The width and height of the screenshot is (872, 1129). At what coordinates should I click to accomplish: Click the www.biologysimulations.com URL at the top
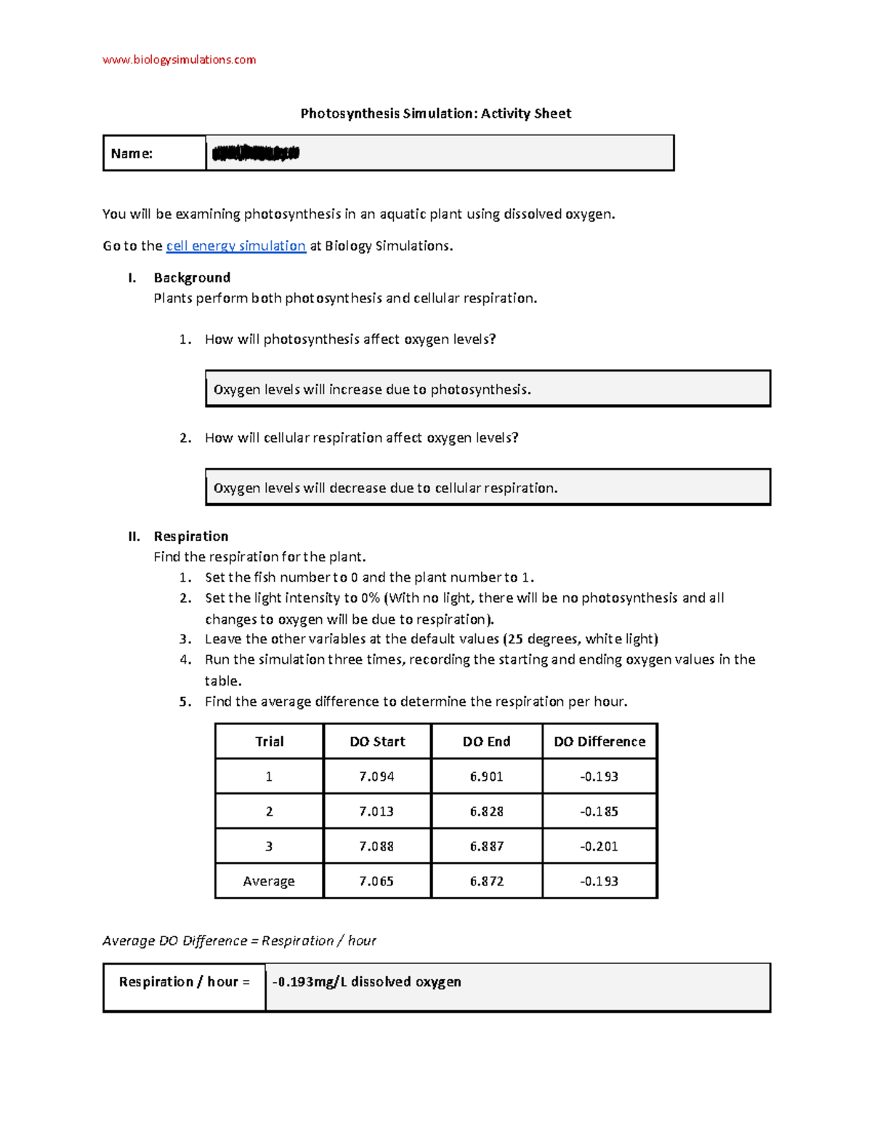click(179, 60)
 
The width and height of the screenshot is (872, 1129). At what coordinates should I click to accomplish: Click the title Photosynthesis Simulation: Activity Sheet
click(436, 113)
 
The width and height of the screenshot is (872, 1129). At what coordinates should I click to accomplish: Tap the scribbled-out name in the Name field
click(255, 153)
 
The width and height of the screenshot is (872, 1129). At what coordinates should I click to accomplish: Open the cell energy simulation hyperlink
click(235, 246)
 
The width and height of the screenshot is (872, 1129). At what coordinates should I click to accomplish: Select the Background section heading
click(192, 278)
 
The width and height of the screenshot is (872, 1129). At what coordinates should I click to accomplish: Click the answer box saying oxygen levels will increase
click(487, 389)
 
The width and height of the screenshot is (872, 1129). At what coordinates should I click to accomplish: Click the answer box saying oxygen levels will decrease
click(487, 488)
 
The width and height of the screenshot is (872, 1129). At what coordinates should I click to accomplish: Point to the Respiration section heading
click(190, 537)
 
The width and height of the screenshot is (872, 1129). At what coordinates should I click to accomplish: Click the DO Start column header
click(377, 742)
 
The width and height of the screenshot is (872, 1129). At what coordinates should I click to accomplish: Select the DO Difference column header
click(599, 742)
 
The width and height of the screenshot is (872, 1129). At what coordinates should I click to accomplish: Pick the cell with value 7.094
click(376, 776)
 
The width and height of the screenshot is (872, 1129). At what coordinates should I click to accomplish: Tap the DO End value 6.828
click(486, 811)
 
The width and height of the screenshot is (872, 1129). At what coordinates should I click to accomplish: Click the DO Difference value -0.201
click(599, 846)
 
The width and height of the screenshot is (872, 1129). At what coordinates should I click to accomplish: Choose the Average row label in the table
click(269, 881)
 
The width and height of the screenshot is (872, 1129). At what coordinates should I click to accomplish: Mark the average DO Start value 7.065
click(376, 881)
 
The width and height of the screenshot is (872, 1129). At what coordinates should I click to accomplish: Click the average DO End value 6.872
click(486, 881)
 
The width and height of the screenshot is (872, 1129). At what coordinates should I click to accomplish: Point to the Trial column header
click(269, 742)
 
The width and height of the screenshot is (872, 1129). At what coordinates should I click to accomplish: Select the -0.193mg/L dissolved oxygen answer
click(367, 982)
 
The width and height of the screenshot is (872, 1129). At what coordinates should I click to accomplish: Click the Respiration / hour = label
click(184, 982)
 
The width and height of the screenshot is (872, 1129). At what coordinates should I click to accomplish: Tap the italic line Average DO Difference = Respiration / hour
click(239, 941)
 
